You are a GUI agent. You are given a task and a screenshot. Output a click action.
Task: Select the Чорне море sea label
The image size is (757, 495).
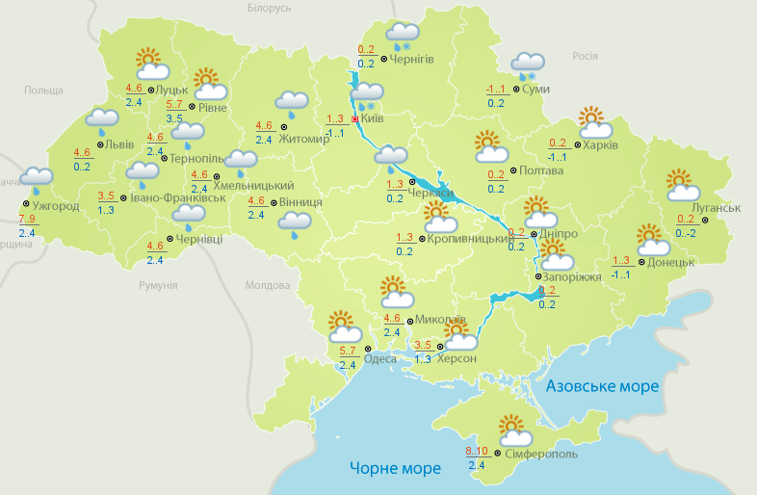pyautogui.click(x=395, y=469)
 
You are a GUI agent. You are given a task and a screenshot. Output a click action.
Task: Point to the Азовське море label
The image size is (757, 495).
pyautogui.click(x=603, y=386)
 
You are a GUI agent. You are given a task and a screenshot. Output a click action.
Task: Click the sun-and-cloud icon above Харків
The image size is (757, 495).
pyautogui.click(x=594, y=122)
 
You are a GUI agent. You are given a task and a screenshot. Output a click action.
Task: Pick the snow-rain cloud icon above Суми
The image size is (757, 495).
pyautogui.click(x=528, y=65)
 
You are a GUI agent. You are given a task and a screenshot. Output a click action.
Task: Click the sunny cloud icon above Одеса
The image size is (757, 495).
pyautogui.click(x=343, y=326)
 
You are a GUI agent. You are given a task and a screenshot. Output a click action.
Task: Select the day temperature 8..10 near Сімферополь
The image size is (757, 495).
pyautogui.click(x=476, y=452)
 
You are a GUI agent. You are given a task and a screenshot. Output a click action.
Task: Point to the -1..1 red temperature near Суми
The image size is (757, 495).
pyautogui.click(x=496, y=90)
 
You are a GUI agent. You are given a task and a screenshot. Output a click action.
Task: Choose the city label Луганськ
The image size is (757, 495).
pyautogui.click(x=716, y=208)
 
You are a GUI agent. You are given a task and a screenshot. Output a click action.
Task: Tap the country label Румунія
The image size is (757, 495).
pyautogui.click(x=158, y=286)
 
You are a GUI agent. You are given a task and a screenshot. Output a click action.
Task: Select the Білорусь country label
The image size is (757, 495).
pyautogui.click(x=269, y=9)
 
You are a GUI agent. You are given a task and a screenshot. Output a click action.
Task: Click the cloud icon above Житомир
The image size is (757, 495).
pyautogui.click(x=292, y=102)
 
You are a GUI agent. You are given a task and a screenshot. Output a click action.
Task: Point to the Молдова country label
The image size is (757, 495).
pyautogui.click(x=267, y=286)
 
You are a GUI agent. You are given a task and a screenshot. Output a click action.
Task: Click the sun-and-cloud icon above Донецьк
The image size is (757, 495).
pyautogui.click(x=653, y=239)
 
